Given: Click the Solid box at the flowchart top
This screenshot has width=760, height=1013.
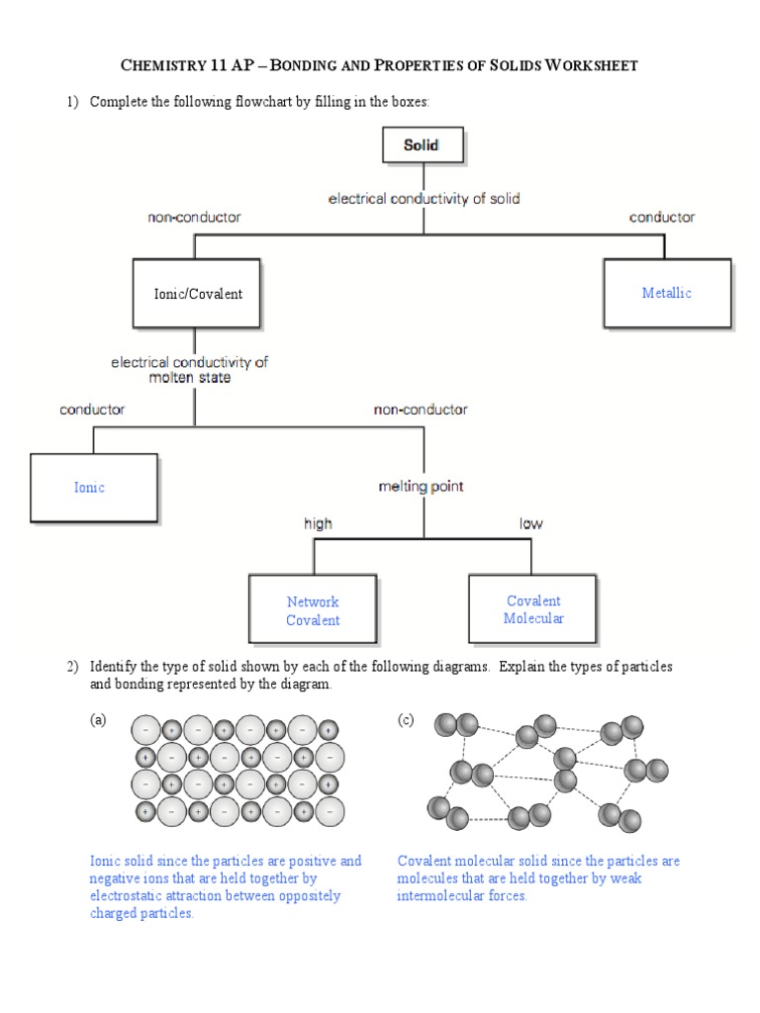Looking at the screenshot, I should (424, 145).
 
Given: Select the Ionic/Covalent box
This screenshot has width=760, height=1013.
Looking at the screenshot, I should (197, 294).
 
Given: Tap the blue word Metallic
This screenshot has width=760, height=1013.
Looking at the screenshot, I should (667, 293).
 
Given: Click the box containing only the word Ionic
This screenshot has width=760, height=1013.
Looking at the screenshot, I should (93, 488).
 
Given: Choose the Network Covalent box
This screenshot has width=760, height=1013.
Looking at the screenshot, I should (313, 610).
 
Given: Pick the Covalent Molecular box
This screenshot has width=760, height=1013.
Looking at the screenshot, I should (532, 609).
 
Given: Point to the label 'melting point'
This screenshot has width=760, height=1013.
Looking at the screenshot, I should (421, 487).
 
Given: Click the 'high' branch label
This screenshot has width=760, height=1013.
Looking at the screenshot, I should (318, 523).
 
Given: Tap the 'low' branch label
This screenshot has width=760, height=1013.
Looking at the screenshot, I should (530, 523).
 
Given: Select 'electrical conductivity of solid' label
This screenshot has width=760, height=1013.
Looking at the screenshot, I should (424, 198).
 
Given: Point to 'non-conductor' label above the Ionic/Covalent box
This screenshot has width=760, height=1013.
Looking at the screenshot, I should (194, 217).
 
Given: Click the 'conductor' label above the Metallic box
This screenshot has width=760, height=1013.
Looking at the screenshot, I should (662, 217).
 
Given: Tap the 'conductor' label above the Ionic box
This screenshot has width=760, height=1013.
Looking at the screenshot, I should (92, 409).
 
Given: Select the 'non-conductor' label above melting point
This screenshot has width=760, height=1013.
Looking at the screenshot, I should (421, 409).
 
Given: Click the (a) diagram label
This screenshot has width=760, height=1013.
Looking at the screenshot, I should (98, 721).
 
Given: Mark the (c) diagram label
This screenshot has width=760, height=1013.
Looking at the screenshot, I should (406, 721).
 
